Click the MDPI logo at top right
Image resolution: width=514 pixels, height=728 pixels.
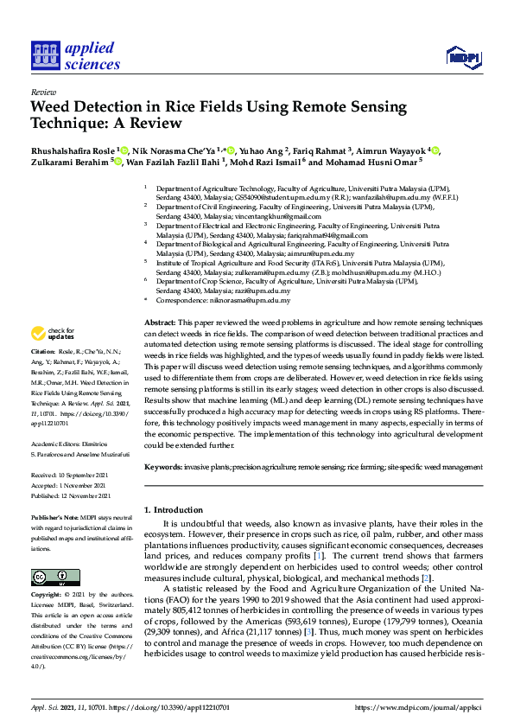pos(462,57)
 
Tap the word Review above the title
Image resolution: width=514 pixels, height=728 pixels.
pos(43,91)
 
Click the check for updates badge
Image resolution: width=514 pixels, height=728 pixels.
pos(54,333)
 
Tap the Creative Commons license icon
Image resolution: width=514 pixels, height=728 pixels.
pos(50,576)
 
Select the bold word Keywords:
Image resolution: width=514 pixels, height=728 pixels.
pos(165,467)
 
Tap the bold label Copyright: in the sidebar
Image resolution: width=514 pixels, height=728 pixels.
pos(46,596)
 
